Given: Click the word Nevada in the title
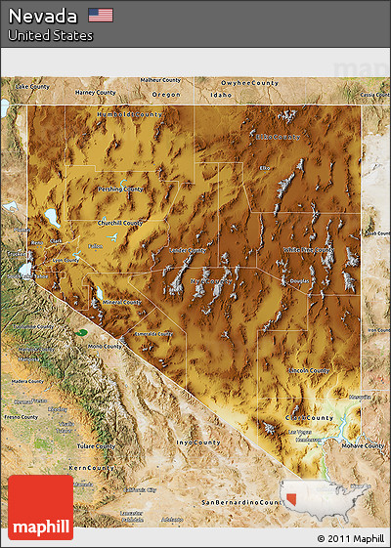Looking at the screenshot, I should coord(43,16).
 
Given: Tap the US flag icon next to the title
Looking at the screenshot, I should coord(100,15).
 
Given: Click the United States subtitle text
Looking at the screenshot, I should coord(51,35).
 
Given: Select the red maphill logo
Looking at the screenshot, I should coord(40,507).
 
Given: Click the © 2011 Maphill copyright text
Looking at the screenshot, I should coord(350,538).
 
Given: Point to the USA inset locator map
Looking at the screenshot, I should coord(326,496).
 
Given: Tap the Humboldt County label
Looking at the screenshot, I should coord(129,114).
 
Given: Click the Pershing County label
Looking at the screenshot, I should coord(121,189).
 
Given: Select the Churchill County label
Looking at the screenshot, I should coord(120,223).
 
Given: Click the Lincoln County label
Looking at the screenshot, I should coord(310,371).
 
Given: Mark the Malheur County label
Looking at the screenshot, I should coord(161,80).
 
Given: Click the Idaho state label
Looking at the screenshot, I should coord(221,95).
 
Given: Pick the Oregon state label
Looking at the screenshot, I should coord(166,95).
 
